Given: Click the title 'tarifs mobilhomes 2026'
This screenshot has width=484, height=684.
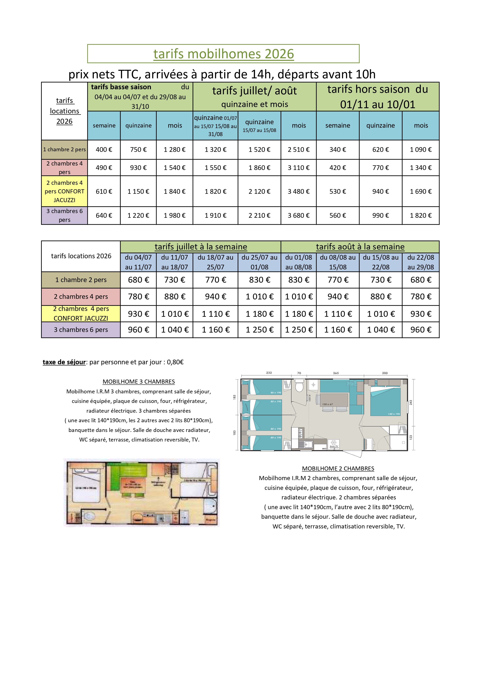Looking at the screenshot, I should coord(223,54).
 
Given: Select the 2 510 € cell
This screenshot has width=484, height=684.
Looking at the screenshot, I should coord(298,150).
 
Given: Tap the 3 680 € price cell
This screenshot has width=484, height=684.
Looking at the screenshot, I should coord(298,215).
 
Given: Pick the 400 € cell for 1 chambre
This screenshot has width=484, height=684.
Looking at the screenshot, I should coord(104,150).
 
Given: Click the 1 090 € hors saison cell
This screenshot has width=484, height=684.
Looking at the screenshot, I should coord(420,150).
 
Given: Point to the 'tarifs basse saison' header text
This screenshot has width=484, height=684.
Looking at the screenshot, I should coord(121,87).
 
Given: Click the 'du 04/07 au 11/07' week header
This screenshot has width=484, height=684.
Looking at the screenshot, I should coord(138,262).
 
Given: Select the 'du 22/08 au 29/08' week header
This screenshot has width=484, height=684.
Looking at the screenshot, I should coord(420,262).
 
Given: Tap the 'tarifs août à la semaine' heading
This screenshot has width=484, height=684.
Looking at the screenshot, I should coord(360,247).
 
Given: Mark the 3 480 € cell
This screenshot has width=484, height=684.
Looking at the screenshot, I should coord(298,191).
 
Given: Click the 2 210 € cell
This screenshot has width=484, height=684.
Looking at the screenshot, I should coord(259,215).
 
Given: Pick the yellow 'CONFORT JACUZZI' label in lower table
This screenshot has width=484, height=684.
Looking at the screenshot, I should coord(81,318).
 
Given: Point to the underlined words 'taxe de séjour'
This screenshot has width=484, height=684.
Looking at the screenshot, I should coord(64,362).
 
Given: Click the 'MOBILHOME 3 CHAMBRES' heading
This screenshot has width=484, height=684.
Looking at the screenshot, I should coord(139,382).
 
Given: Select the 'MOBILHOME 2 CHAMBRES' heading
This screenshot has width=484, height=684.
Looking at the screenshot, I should coord(338,468).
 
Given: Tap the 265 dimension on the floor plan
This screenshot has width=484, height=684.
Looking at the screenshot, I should coord(336,373).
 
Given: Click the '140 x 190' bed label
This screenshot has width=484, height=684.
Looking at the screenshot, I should coord(394,414).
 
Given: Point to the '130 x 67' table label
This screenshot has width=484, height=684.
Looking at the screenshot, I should coord(327,404).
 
